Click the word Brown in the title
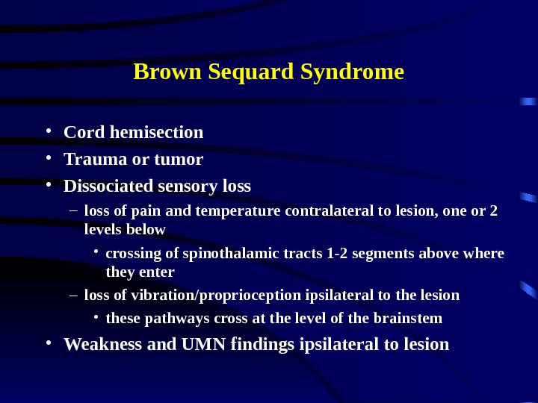[159, 72]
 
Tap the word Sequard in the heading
[241, 72]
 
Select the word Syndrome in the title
[352, 72]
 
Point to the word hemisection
[157, 133]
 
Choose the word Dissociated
[108, 186]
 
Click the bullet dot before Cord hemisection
[47, 132]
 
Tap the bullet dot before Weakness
[47, 343]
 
